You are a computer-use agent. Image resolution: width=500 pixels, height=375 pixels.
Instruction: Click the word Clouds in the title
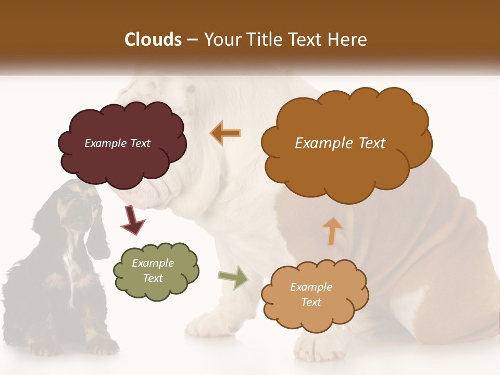[x=153, y=40]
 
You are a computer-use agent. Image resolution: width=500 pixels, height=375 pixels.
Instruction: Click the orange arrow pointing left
[x=226, y=133]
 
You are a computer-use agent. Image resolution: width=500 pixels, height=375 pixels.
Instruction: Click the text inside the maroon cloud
[x=117, y=143]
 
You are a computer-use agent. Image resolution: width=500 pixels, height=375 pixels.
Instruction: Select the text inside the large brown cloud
[x=340, y=143]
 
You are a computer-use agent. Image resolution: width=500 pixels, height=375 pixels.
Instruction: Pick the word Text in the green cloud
[x=153, y=278]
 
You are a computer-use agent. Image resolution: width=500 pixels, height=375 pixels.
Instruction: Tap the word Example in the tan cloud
[x=311, y=287]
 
